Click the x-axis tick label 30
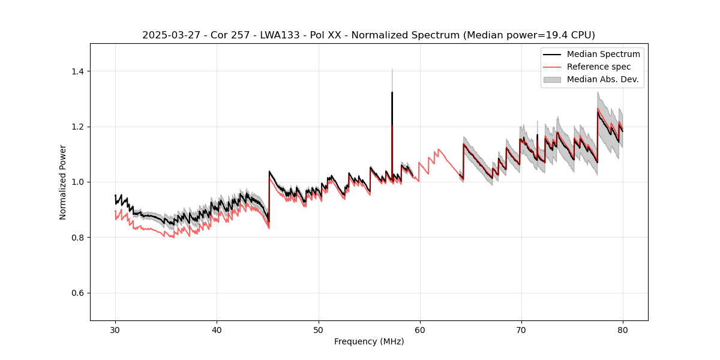tap(115, 329)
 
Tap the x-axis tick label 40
tap(217, 329)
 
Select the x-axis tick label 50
tap(318, 329)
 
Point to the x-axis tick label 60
tap(419, 329)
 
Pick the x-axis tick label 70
tap(521, 329)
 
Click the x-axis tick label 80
tap(622, 329)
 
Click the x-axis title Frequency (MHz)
tap(369, 341)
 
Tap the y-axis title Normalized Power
tap(63, 182)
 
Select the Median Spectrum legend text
tap(603, 54)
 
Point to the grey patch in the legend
tap(552, 79)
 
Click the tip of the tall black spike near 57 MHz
tap(392, 92)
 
